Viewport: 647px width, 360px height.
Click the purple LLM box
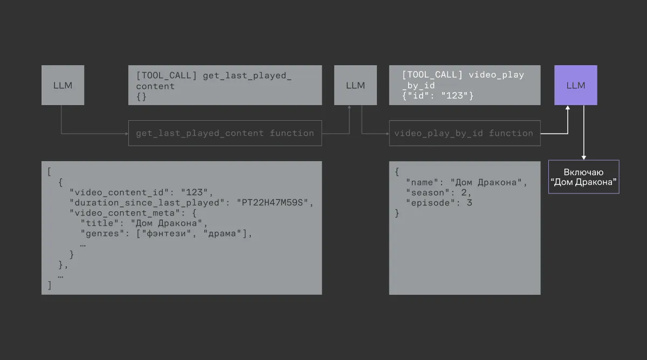[575, 85]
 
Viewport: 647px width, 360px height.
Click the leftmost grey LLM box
[63, 85]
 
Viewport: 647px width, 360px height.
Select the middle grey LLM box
[355, 85]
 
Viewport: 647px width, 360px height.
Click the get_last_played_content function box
[225, 133]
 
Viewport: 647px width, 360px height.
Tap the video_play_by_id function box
[464, 133]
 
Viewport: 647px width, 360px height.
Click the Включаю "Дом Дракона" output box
[583, 177]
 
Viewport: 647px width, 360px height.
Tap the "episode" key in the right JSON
[430, 203]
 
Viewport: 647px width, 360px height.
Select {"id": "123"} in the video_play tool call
[438, 96]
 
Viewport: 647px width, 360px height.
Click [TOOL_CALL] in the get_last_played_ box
[166, 75]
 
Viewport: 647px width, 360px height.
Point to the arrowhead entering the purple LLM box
[567, 109]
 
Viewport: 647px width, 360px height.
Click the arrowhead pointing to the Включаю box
[583, 157]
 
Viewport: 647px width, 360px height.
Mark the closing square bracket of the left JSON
[50, 285]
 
